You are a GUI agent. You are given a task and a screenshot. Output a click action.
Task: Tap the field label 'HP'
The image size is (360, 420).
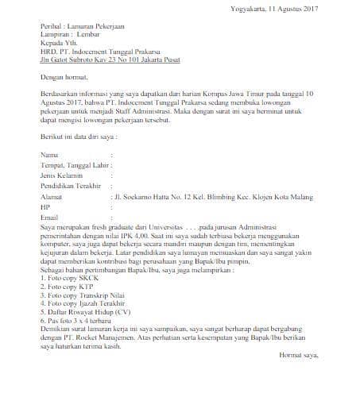click(x=45, y=206)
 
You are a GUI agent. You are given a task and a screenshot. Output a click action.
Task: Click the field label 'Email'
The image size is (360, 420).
click(x=49, y=217)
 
